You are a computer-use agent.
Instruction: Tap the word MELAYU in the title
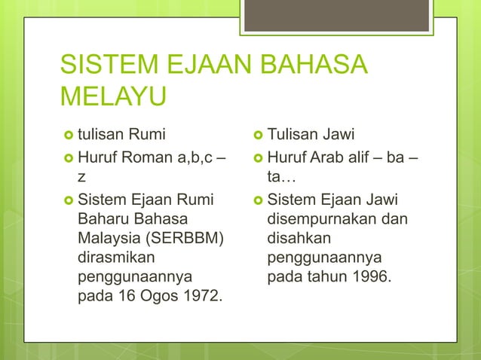tap(113, 98)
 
